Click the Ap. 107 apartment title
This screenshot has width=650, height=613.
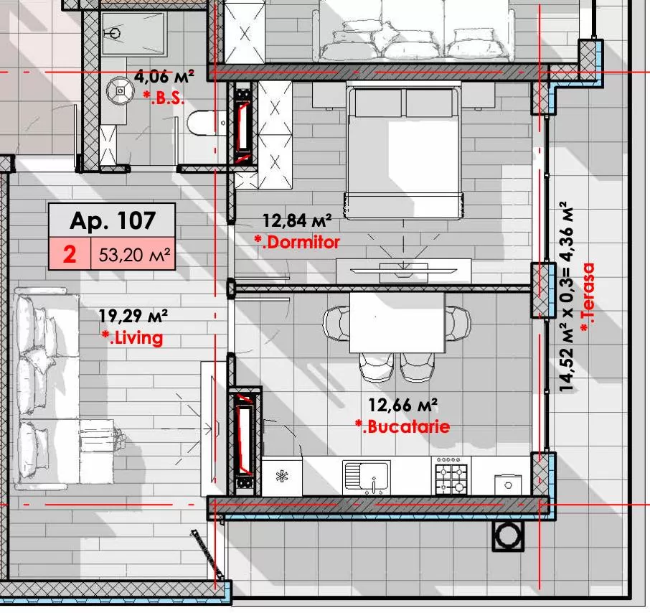113,220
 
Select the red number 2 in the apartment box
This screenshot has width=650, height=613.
70,254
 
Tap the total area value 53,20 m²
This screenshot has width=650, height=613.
134,255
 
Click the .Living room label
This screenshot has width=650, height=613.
133,338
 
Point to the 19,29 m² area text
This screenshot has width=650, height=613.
133,316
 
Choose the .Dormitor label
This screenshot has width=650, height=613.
297,242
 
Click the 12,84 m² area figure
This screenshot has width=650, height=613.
297,220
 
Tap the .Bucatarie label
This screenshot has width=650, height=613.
402,427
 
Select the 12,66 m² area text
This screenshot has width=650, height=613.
402,406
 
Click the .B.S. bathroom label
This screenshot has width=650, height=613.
164,98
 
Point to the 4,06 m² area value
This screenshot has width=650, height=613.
164,77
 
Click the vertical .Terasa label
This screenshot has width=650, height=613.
588,297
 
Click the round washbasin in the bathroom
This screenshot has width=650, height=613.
121,90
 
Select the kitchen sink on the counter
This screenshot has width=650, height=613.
367,476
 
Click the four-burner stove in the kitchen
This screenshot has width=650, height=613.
451,476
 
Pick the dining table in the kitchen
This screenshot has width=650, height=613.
397,322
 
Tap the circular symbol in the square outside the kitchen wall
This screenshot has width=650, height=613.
508,535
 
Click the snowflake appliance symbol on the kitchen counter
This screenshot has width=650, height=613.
282,476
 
